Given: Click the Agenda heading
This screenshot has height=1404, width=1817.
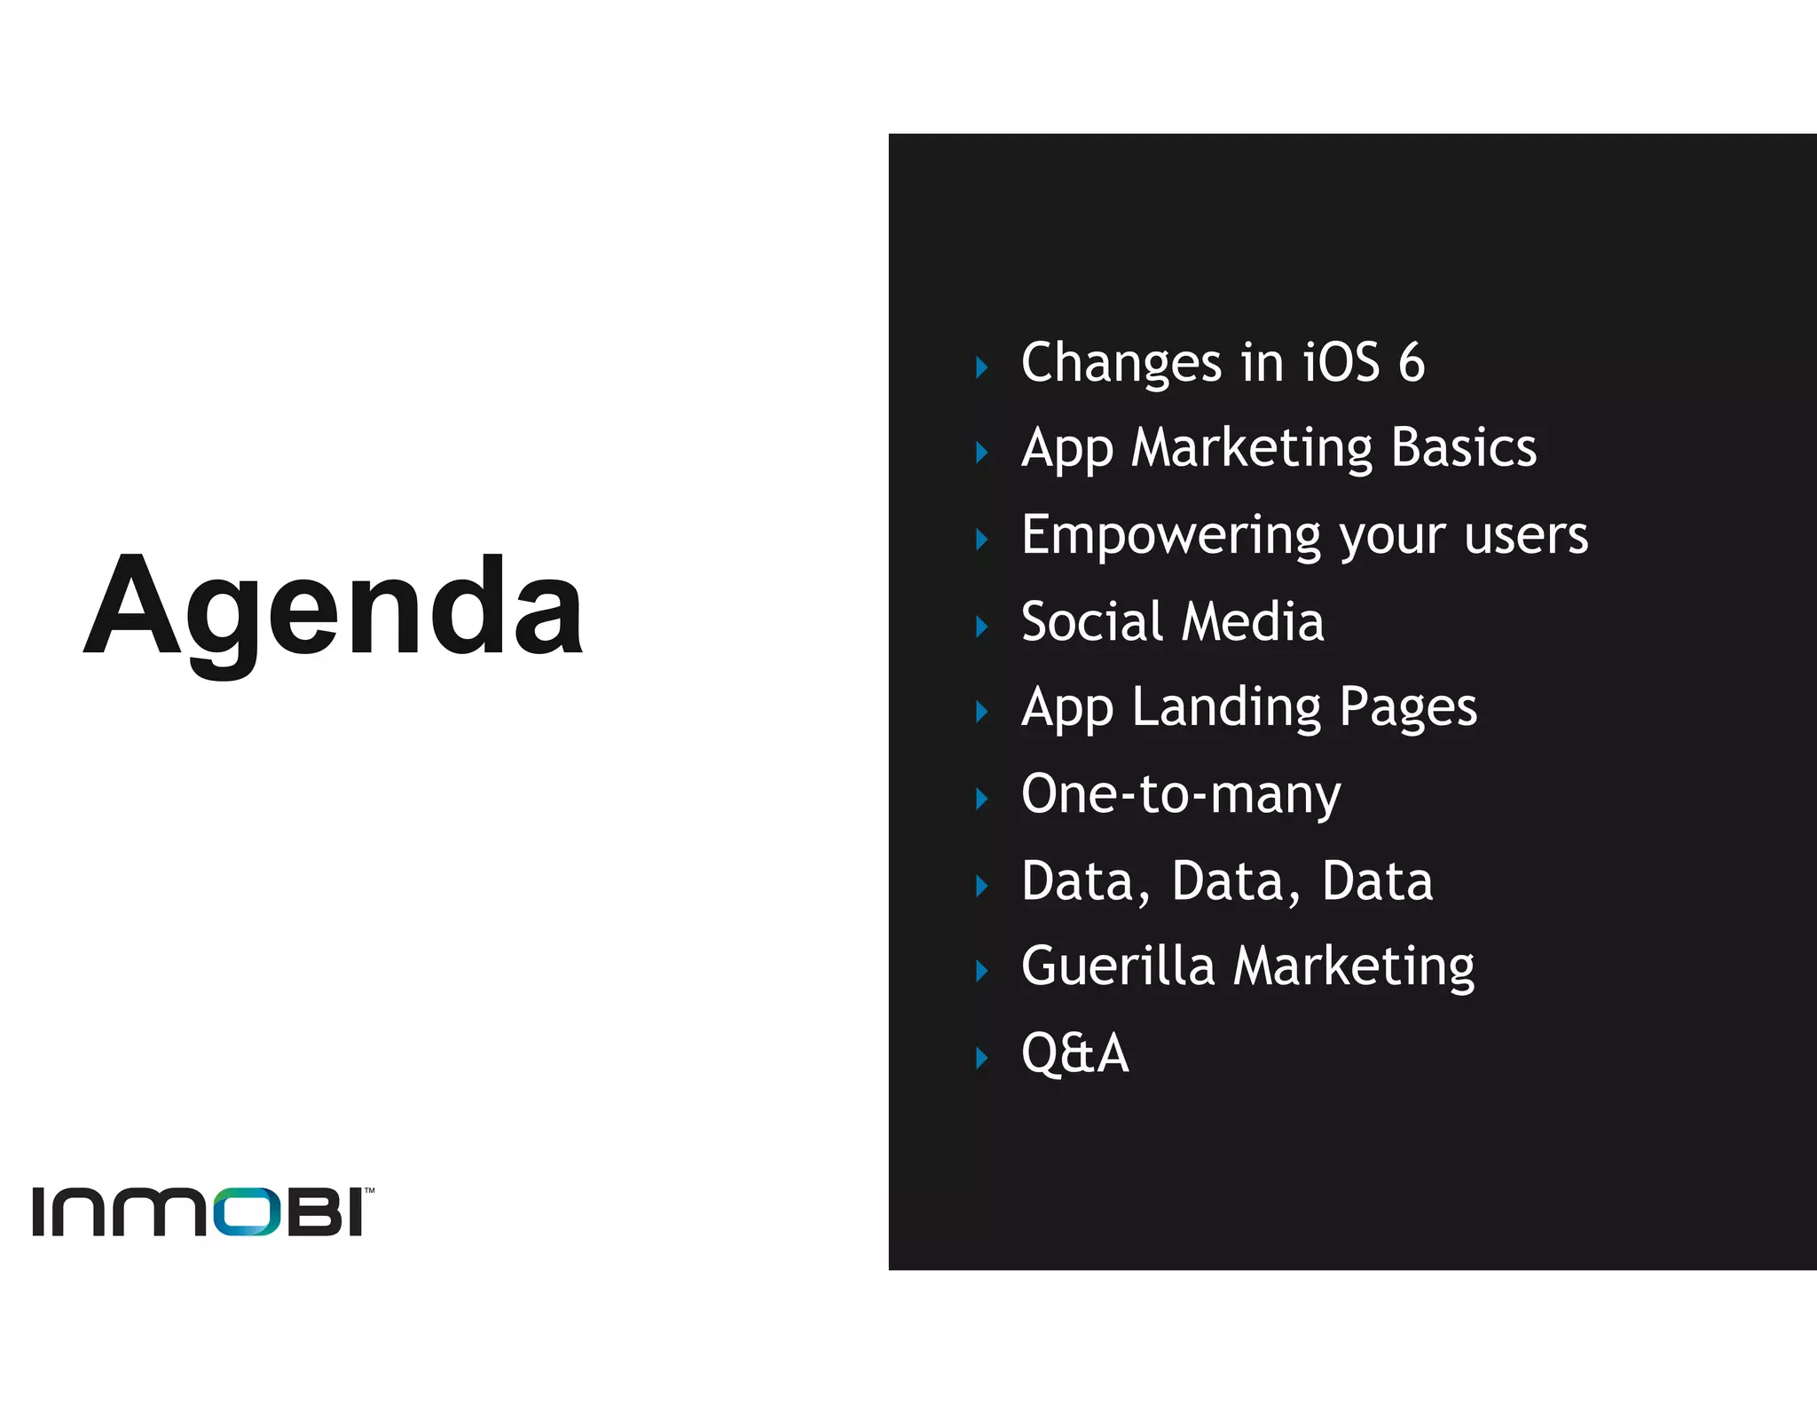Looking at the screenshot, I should pyautogui.click(x=333, y=607).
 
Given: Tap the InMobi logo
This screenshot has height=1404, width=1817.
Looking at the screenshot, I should pyautogui.click(x=202, y=1211).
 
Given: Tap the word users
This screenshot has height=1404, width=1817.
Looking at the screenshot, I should pyautogui.click(x=1526, y=536).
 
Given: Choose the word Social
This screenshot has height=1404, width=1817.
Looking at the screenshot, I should pyautogui.click(x=1092, y=621).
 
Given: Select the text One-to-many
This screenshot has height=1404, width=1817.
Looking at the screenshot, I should pyautogui.click(x=1181, y=793).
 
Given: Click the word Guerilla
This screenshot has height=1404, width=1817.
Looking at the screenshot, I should pyautogui.click(x=1118, y=966).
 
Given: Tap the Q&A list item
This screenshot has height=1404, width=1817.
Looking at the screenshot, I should pyautogui.click(x=1074, y=1053).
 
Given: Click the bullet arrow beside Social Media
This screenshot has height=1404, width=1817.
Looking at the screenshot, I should pyautogui.click(x=981, y=627).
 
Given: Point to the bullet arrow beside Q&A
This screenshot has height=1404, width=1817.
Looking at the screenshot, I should pyautogui.click(x=981, y=1058).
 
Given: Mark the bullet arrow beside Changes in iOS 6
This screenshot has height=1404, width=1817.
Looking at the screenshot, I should pyautogui.click(x=981, y=367).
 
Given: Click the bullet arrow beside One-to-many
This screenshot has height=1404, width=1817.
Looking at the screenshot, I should pyautogui.click(x=981, y=799).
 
